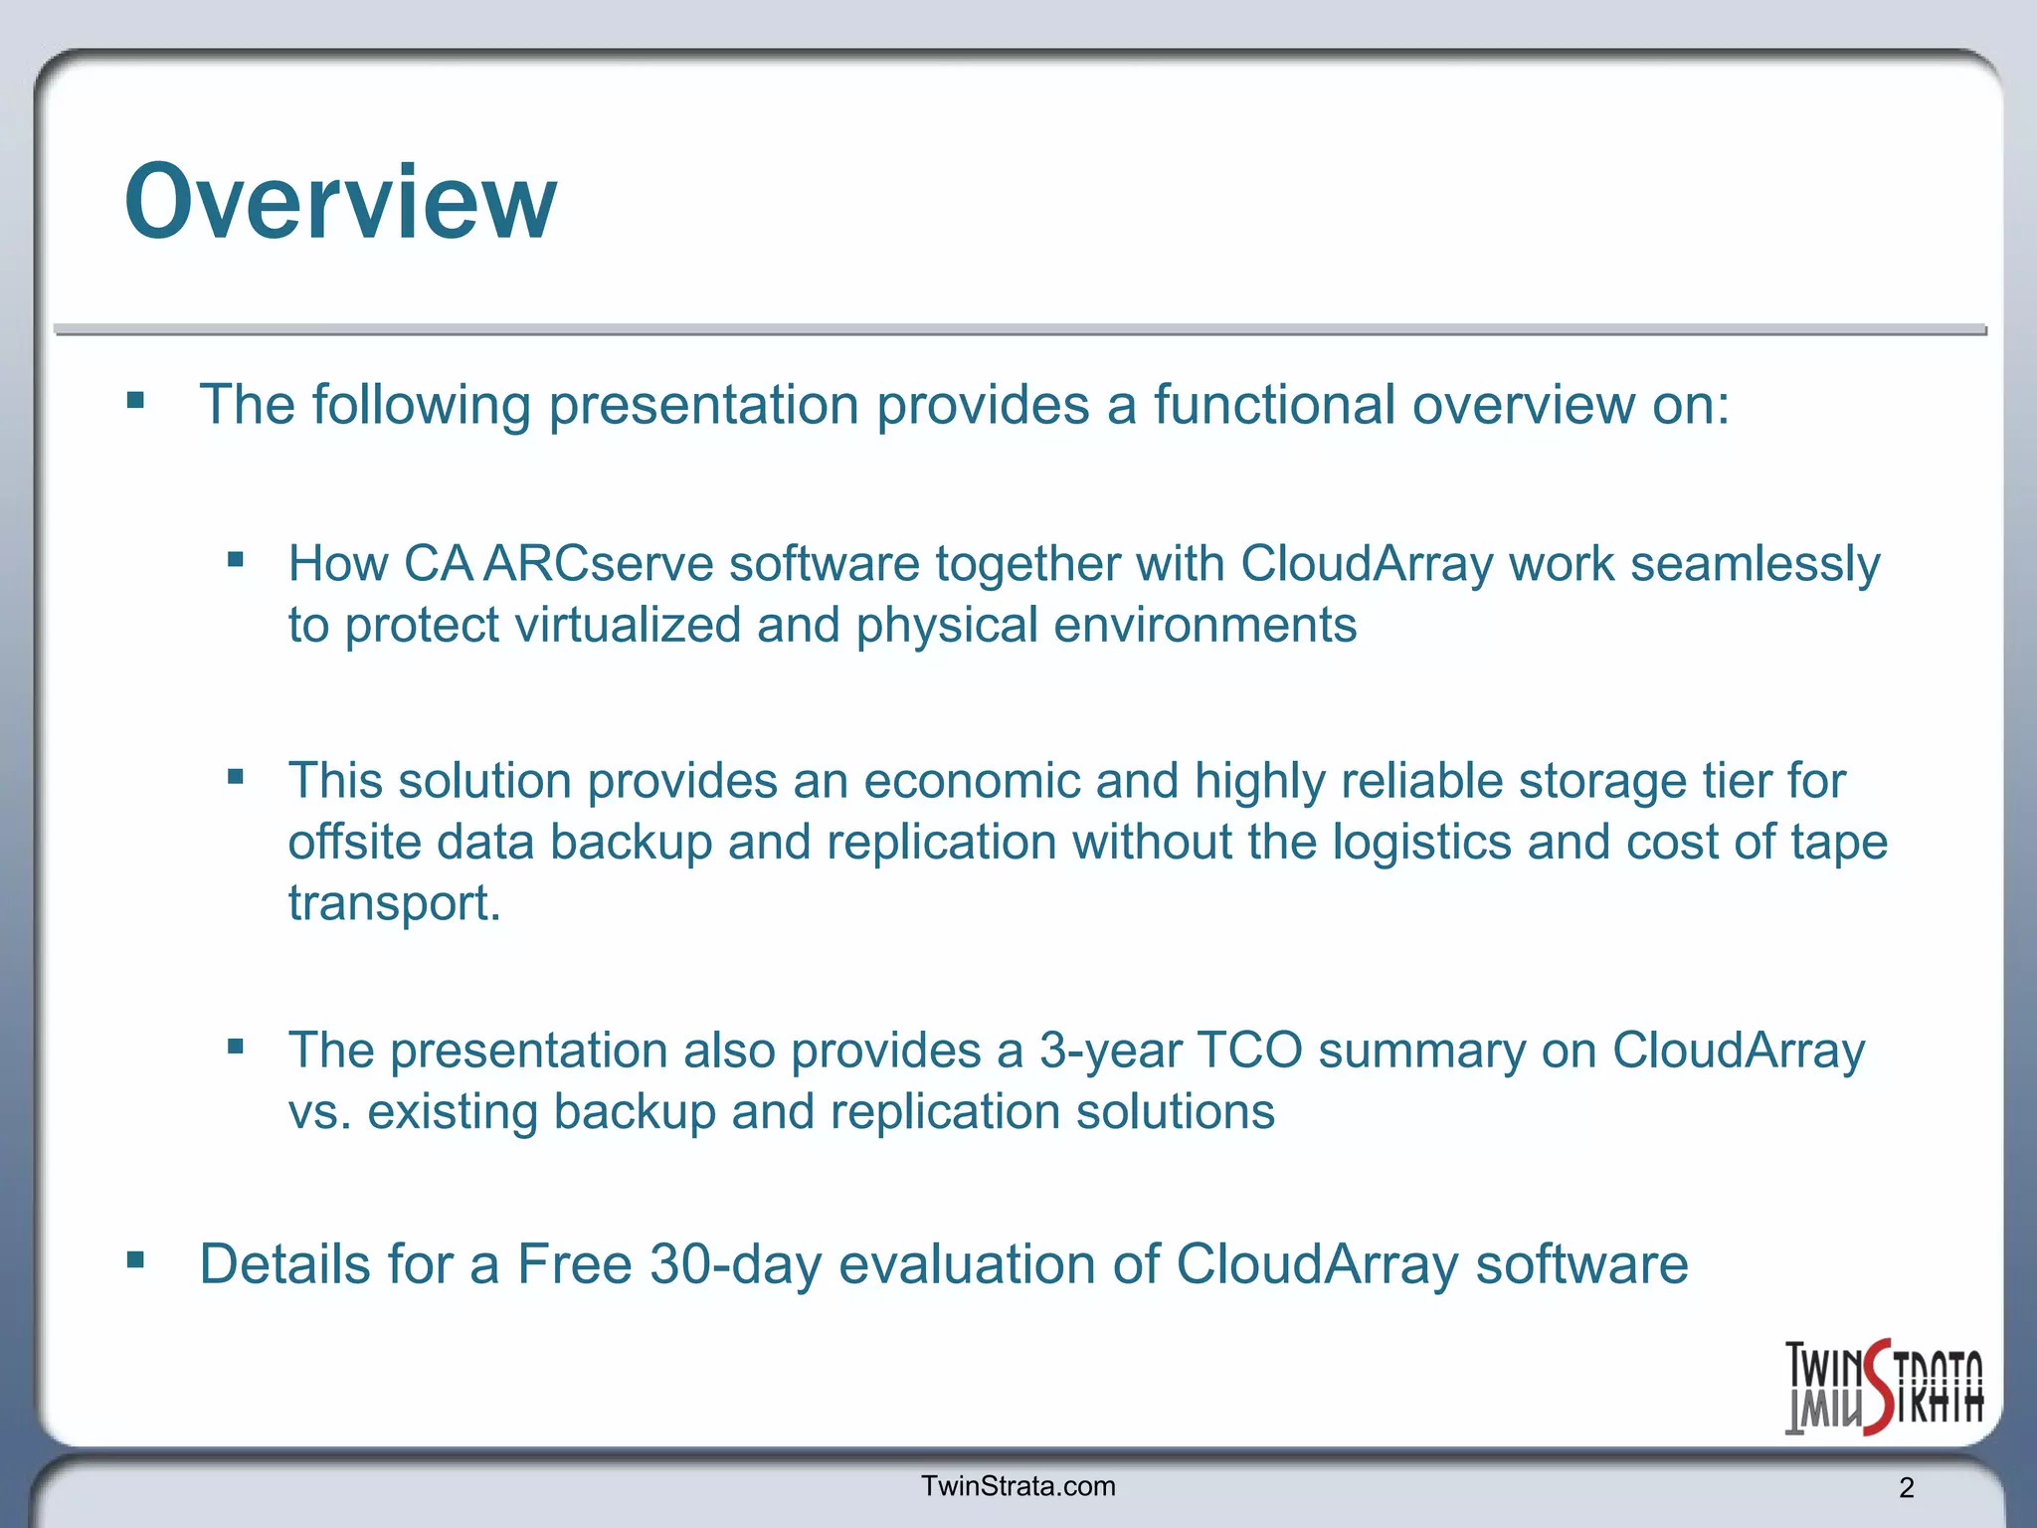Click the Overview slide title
[340, 203]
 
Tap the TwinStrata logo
[1883, 1387]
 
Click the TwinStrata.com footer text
[1018, 1486]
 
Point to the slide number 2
[1906, 1488]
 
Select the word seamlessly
[1755, 564]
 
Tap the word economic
[972, 781]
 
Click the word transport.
[394, 903]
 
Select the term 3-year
[1110, 1050]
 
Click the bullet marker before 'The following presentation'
[136, 402]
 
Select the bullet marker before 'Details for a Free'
[136, 1261]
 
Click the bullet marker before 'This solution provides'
[236, 777]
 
